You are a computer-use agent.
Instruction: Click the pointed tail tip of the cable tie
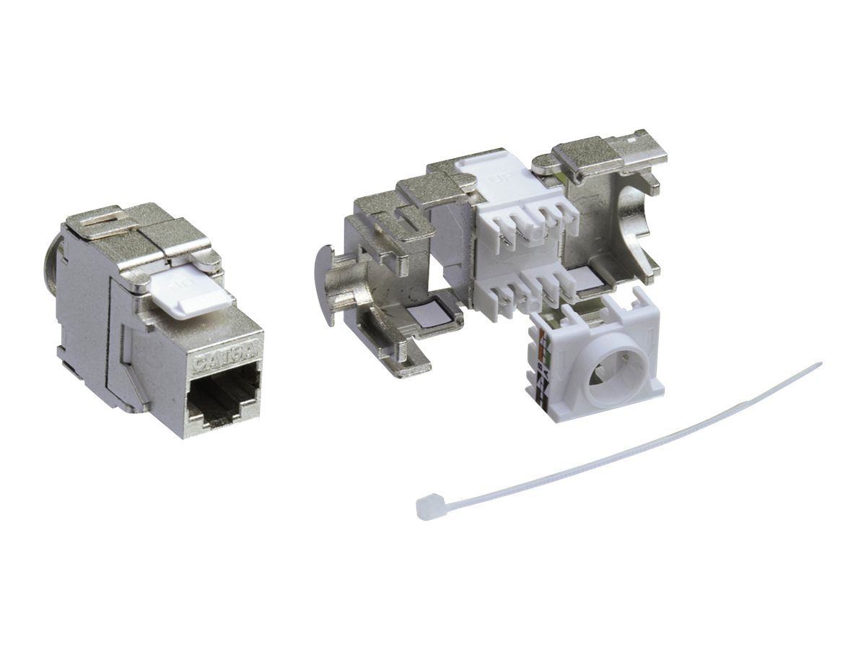(818, 364)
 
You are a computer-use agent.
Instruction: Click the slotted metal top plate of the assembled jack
(130, 228)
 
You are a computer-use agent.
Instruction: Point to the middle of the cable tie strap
(621, 438)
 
